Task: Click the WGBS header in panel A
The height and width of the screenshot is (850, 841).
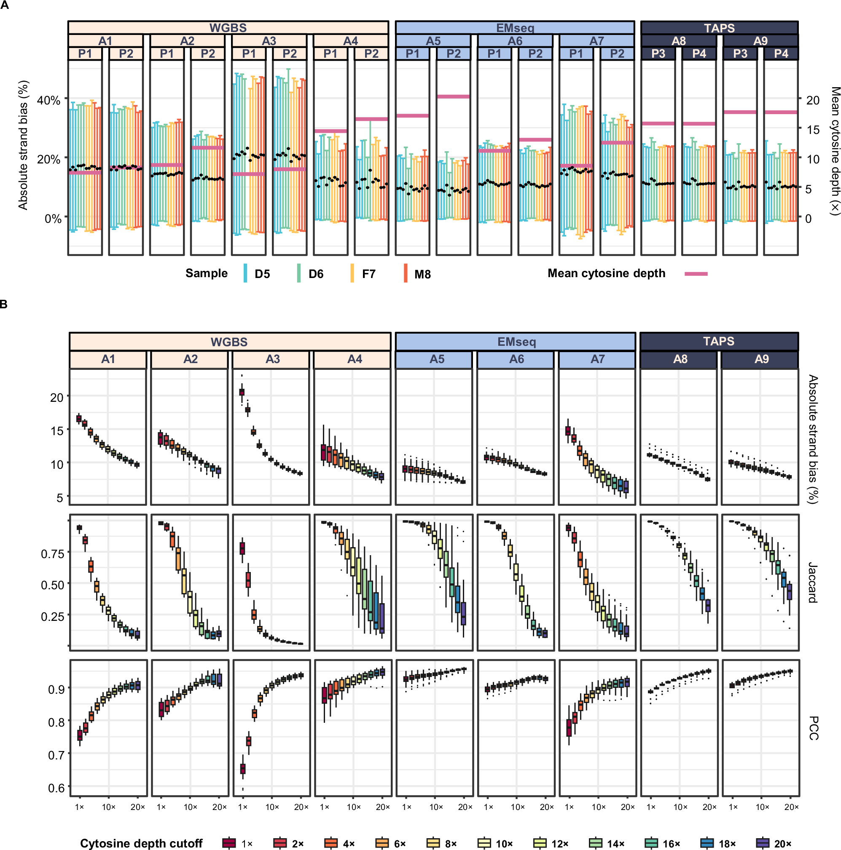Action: (x=228, y=28)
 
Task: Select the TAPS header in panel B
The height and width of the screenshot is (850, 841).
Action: (x=718, y=342)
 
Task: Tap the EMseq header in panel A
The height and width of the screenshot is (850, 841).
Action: (x=514, y=28)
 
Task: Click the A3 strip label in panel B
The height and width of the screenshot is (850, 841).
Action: (x=272, y=359)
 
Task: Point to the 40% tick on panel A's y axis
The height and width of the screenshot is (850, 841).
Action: (x=48, y=100)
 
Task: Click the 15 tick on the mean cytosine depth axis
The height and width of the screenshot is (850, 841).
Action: (x=812, y=130)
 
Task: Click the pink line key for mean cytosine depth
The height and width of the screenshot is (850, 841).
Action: (x=695, y=274)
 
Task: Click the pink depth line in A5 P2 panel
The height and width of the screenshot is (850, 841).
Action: (x=453, y=96)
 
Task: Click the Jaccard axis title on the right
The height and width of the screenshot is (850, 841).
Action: (x=813, y=583)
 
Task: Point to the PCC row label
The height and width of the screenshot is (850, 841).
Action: (x=813, y=728)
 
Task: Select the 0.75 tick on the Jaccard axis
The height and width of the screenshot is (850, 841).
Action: (x=52, y=554)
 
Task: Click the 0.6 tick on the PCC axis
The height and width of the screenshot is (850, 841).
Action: (x=56, y=788)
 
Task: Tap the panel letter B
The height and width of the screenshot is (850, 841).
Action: (x=4, y=304)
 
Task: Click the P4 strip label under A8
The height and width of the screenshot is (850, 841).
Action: (x=699, y=53)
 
